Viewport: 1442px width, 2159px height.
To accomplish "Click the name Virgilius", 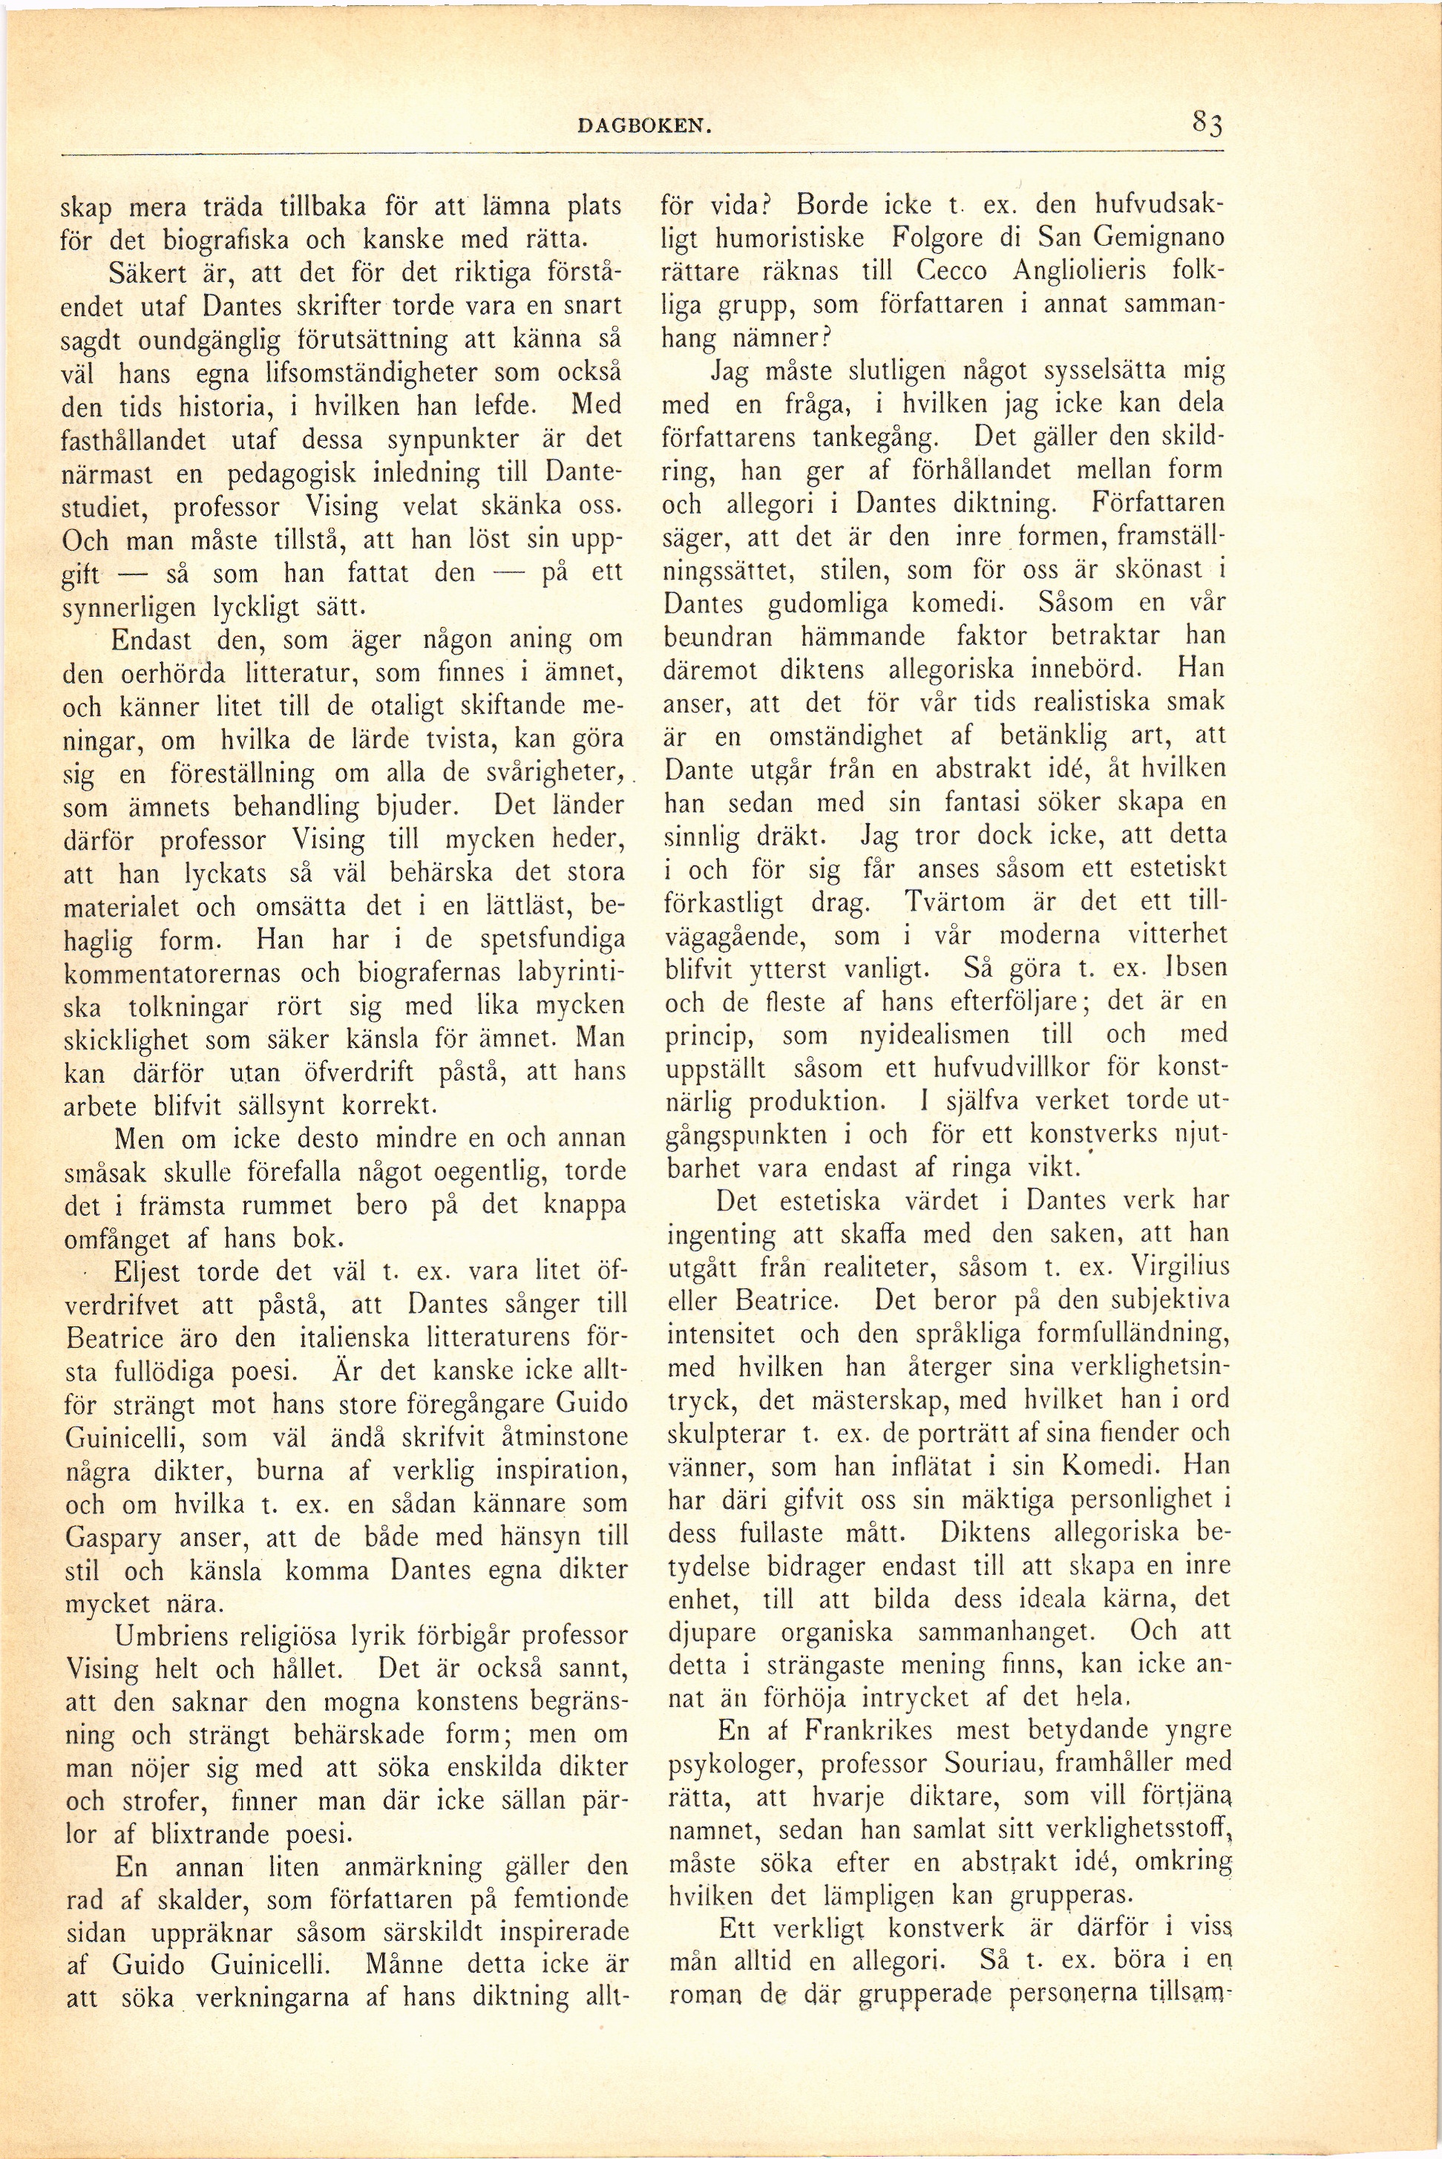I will click(1173, 1266).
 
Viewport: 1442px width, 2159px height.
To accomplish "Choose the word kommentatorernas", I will click(184, 971).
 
